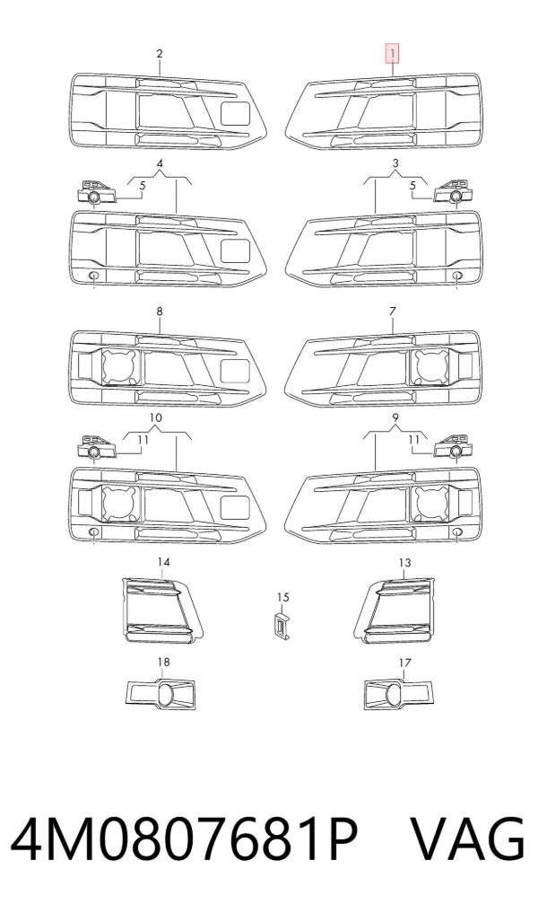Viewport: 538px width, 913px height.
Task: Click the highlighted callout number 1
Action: [x=393, y=54]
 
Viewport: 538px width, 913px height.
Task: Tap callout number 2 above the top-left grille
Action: [x=160, y=54]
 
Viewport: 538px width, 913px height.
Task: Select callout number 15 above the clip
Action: [x=282, y=597]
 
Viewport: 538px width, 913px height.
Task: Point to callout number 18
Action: [x=163, y=662]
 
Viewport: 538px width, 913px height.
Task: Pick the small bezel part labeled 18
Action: [x=161, y=694]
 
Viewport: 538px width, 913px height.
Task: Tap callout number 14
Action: [x=163, y=562]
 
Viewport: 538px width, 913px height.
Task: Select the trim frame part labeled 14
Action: [x=163, y=609]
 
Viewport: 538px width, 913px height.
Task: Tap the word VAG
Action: [x=468, y=839]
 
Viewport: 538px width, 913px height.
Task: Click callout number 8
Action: [x=160, y=312]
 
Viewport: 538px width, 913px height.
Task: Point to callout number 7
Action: [x=393, y=312]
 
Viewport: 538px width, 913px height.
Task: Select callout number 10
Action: [x=156, y=417]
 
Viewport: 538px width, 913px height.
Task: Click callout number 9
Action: [x=395, y=417]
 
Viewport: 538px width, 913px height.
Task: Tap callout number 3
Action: [x=395, y=163]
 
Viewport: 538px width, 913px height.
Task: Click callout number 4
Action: [x=160, y=163]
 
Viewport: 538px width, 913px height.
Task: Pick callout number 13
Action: [x=404, y=562]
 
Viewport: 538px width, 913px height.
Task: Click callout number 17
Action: [x=404, y=663]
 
